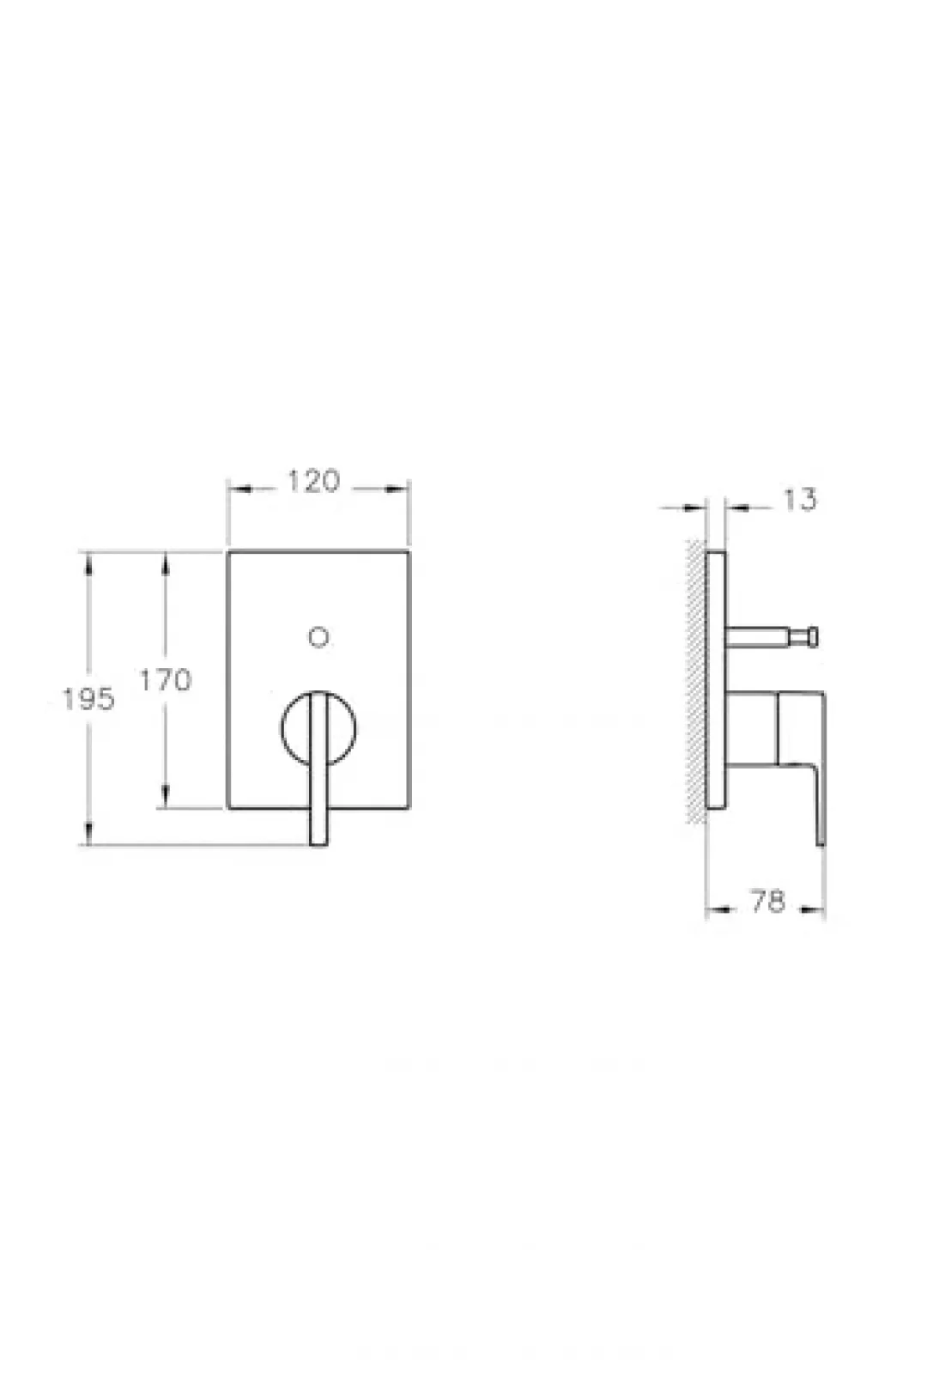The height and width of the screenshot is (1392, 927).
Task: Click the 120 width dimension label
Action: [313, 481]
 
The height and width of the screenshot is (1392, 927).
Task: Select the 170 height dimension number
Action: [166, 680]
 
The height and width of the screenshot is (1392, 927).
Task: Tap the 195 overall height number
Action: [89, 700]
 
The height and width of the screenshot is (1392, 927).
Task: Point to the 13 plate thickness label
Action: [800, 500]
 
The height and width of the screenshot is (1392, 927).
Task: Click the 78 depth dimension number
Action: [768, 901]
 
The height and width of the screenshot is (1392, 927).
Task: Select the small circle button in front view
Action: [318, 637]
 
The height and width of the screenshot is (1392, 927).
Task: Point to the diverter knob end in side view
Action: [812, 637]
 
